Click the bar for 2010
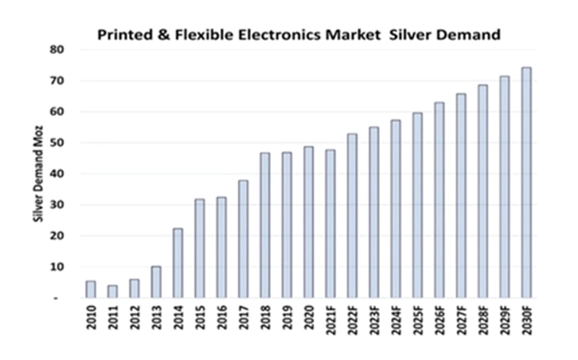91,290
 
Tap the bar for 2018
265,225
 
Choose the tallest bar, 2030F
526,182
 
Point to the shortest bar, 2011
112,292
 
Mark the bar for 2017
243,239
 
